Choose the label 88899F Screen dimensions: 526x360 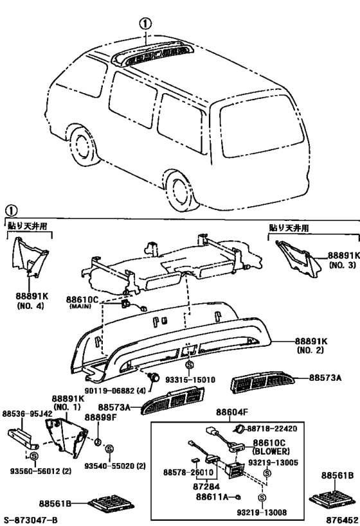point(104,417)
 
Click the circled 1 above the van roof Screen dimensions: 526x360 point(146,22)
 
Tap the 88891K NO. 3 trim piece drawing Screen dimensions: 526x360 point(297,255)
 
